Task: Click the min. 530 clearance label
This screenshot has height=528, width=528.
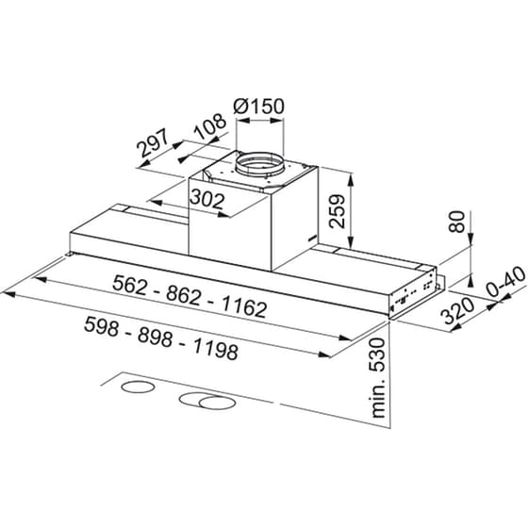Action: pos(381,377)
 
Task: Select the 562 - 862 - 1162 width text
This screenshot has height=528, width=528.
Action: pos(190,296)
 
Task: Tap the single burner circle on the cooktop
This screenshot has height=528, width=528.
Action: pos(139,389)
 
